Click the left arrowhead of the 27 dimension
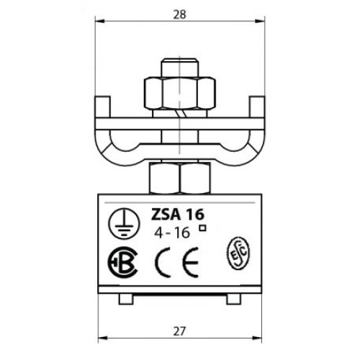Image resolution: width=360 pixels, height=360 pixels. pyautogui.click(x=100, y=339)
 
